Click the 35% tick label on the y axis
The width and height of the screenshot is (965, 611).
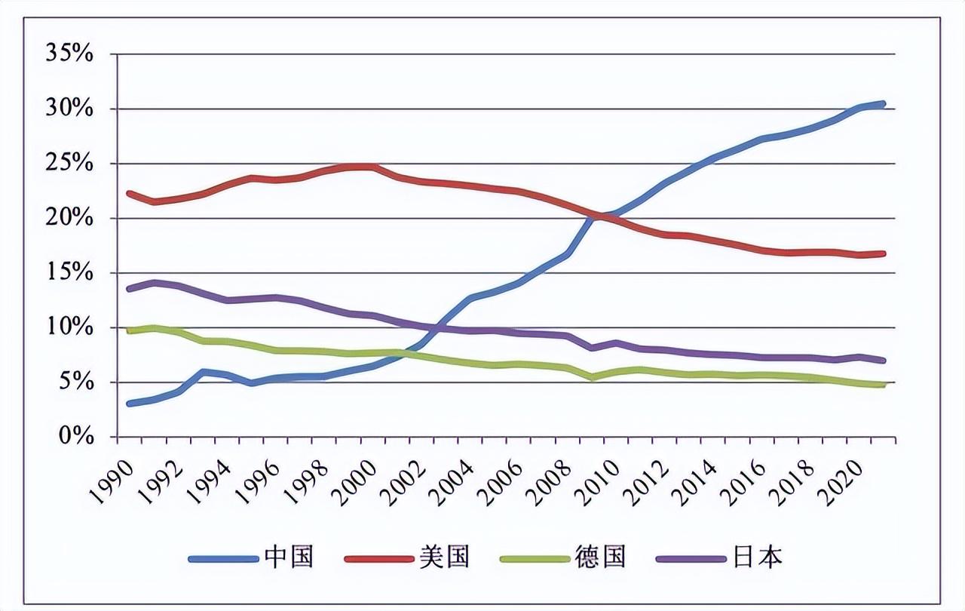(x=69, y=54)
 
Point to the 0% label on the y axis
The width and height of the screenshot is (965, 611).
(x=74, y=437)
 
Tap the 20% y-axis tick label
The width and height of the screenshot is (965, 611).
(x=69, y=218)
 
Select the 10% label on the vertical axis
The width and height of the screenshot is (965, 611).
(x=69, y=327)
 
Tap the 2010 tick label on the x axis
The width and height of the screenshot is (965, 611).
(x=601, y=476)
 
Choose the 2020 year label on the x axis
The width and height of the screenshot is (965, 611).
(x=844, y=476)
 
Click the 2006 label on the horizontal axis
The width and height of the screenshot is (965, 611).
(x=504, y=476)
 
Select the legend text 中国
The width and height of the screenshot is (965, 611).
(x=289, y=557)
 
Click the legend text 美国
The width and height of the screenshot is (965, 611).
(x=446, y=557)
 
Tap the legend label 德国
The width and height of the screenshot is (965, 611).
(x=602, y=557)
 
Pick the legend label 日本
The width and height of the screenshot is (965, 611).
(x=758, y=557)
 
